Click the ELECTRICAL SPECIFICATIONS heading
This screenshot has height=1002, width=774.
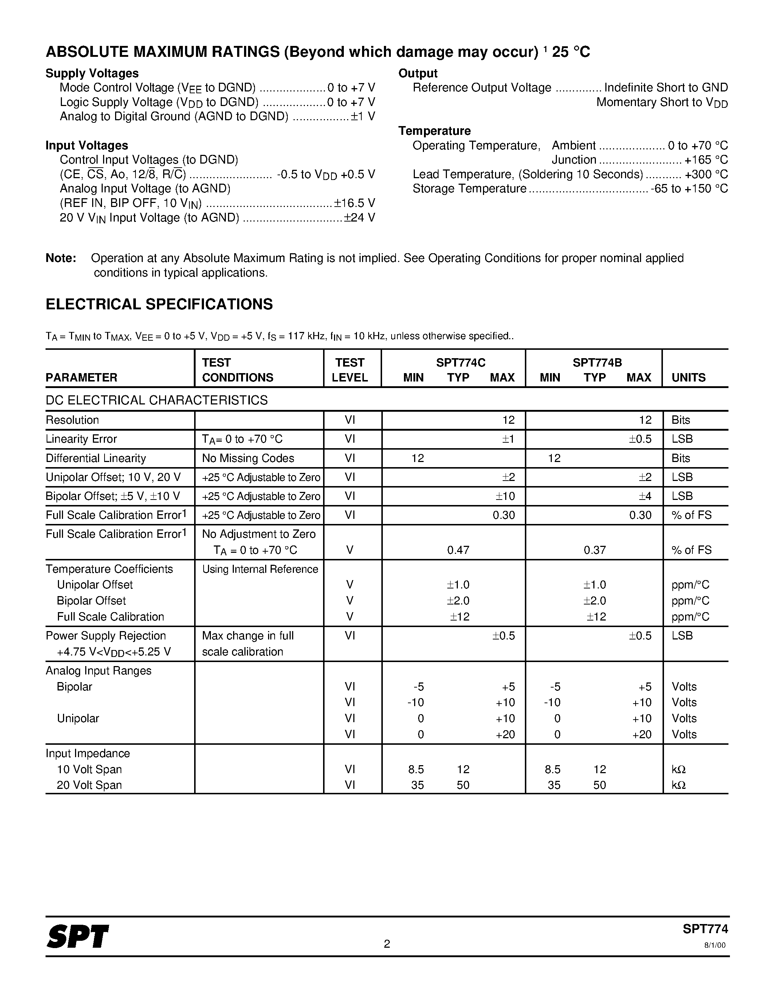(159, 304)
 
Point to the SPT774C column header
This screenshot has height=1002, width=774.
(460, 363)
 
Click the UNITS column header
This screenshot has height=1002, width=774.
(688, 377)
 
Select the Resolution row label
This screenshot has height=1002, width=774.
(72, 420)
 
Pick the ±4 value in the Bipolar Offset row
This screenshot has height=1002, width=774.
(645, 496)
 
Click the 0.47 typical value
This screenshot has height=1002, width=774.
(458, 549)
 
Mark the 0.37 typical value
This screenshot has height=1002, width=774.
(595, 549)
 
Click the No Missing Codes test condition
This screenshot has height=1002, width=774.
(248, 458)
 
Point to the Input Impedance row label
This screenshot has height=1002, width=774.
(87, 754)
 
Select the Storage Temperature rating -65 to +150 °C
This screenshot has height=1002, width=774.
(689, 189)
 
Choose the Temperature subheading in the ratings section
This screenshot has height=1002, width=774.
(434, 131)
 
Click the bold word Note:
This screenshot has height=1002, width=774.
(60, 258)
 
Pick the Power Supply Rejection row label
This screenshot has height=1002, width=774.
(106, 635)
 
